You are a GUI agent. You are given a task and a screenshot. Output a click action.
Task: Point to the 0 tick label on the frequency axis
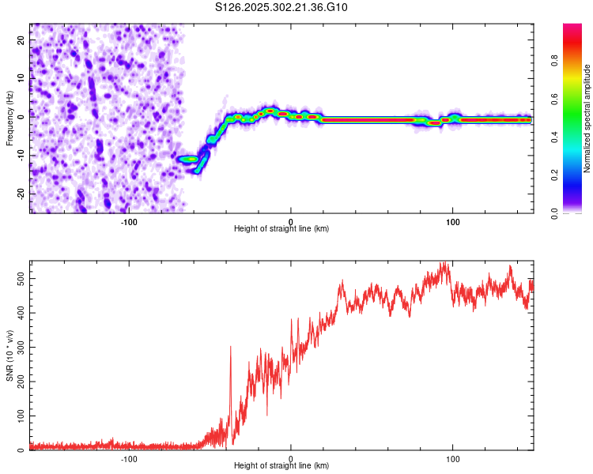(21, 116)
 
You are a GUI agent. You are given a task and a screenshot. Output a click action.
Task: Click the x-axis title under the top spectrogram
(281, 229)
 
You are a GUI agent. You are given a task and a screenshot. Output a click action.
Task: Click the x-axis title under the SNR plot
(281, 466)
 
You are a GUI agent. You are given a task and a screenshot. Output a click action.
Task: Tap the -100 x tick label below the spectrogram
(129, 220)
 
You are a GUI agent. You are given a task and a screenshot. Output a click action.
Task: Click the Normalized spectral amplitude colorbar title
(587, 118)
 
